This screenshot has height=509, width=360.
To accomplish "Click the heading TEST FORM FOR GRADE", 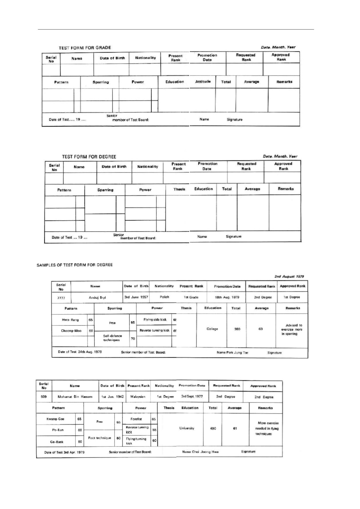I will [x=85, y=48].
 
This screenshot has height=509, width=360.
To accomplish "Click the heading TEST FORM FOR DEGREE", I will [x=89, y=157].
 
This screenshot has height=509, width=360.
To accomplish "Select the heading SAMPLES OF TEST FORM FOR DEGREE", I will [x=75, y=265].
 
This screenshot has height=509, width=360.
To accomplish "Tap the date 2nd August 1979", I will [x=289, y=277].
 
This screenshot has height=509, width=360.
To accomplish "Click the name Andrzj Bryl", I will [x=97, y=297].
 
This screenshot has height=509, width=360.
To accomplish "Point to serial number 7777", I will [x=61, y=297].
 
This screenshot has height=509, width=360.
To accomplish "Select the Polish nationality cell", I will [x=165, y=297].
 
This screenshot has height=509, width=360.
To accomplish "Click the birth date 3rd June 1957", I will [x=136, y=297].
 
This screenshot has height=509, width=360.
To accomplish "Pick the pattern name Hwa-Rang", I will [x=70, y=320].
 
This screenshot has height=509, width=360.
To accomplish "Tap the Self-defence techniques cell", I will [x=112, y=338].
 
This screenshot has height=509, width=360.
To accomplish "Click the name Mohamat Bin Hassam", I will [x=75, y=397].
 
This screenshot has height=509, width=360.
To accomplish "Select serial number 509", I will [x=44, y=397].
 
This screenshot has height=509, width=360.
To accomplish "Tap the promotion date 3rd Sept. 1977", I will [x=192, y=396].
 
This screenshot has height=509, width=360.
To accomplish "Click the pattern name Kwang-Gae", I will [x=55, y=419].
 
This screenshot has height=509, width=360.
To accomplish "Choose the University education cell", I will [x=187, y=428].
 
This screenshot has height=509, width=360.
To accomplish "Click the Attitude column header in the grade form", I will [x=203, y=82].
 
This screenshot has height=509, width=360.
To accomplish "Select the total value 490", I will [x=213, y=428].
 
